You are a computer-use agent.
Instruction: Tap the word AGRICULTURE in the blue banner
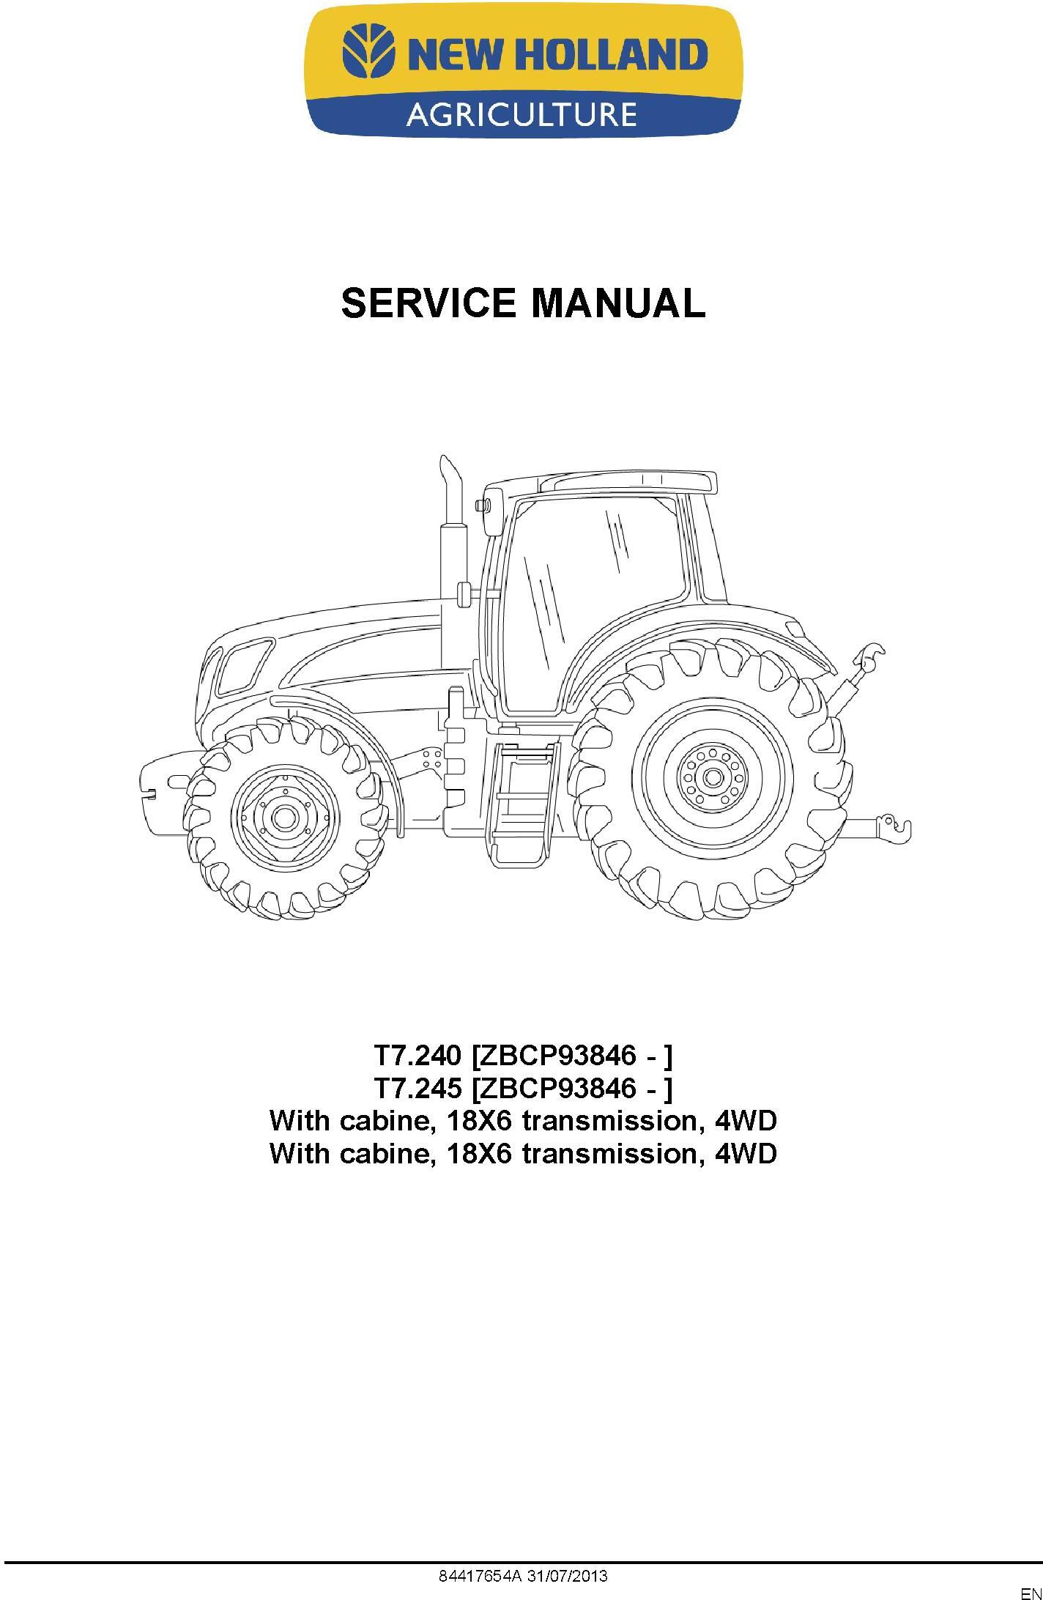coord(521,114)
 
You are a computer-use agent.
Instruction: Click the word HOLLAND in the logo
coord(619,54)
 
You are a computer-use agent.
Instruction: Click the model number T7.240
coord(417,1056)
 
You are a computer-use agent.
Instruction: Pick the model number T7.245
coord(417,1089)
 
